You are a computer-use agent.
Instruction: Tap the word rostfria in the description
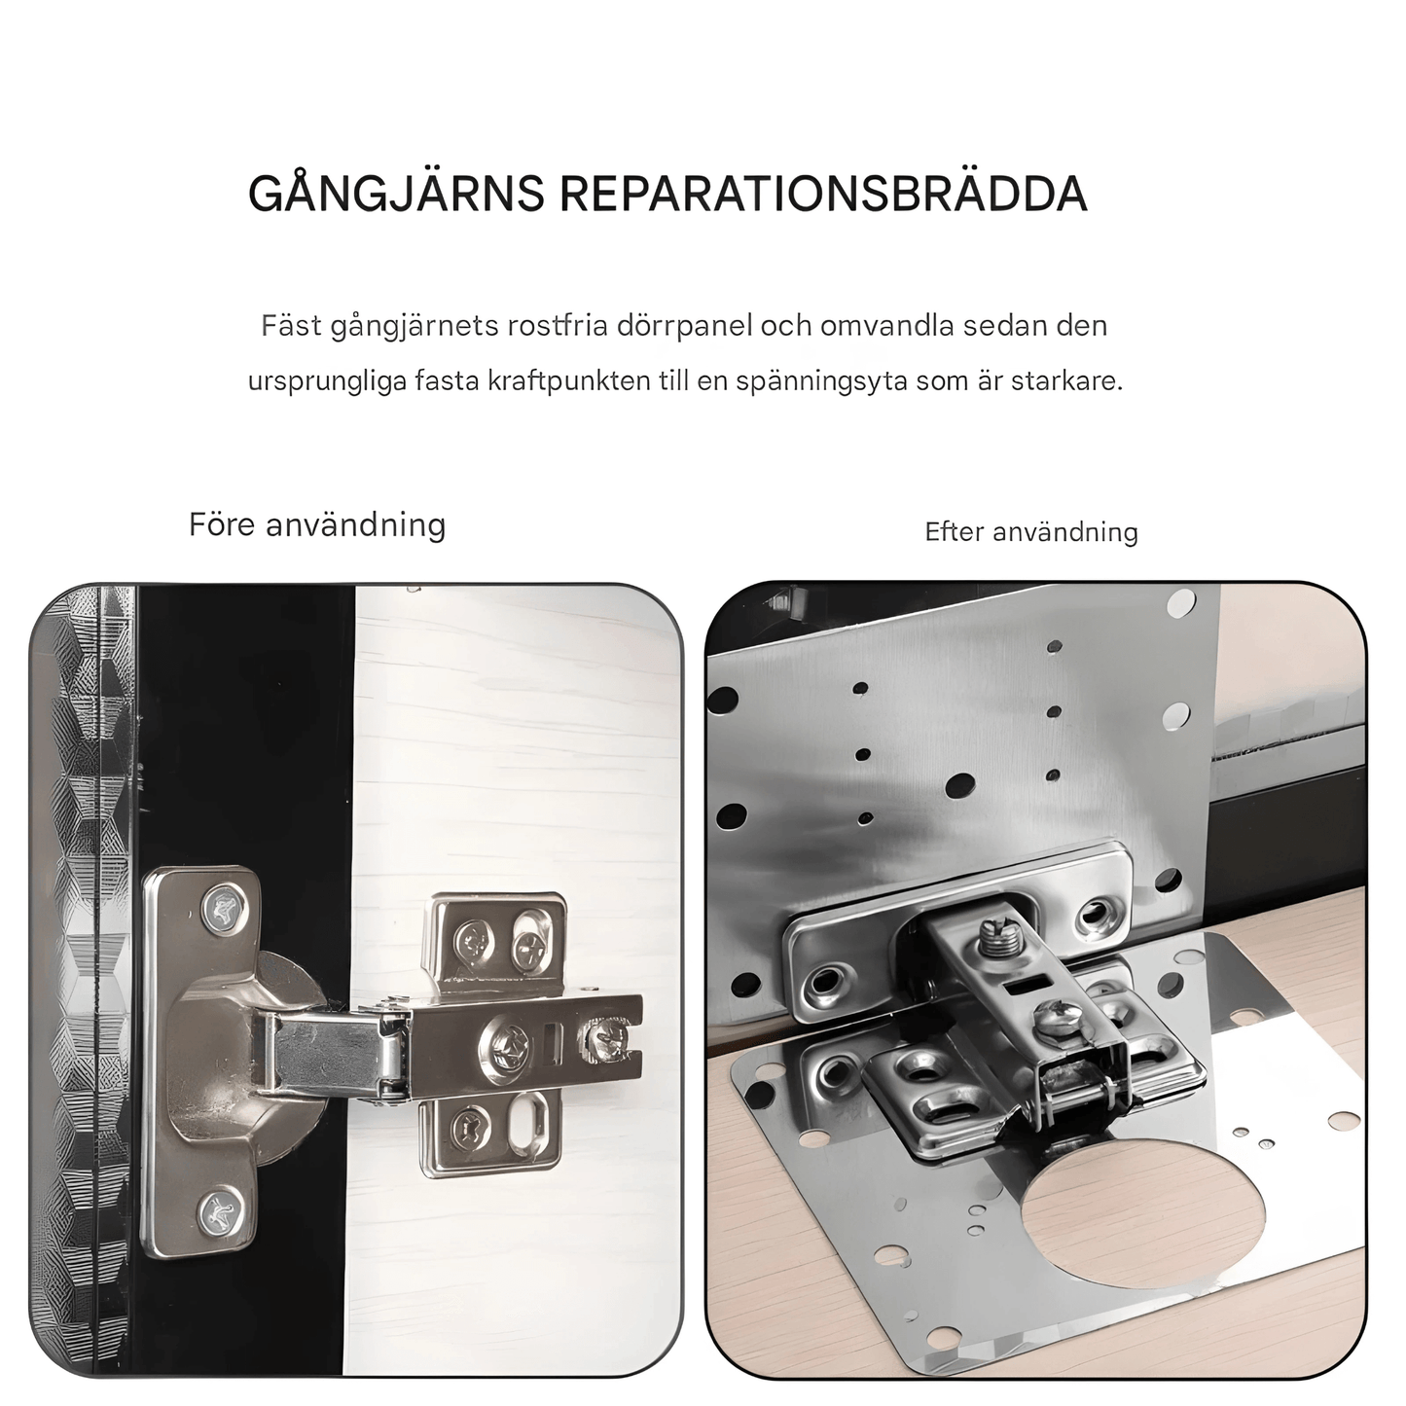click(559, 325)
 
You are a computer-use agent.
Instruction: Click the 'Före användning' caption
click(317, 525)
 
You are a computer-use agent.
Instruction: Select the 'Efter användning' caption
click(1031, 532)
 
